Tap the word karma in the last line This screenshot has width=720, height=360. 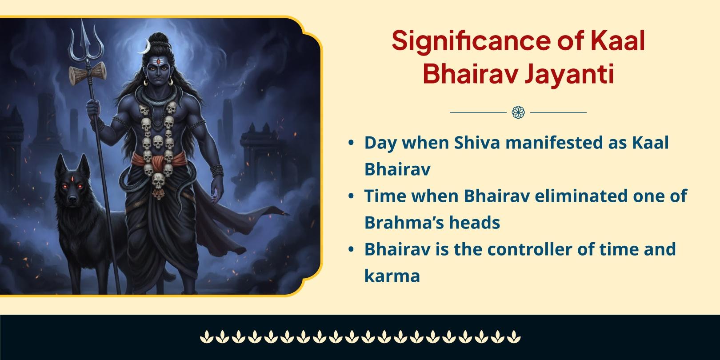(392, 276)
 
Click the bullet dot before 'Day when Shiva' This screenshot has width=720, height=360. (351, 144)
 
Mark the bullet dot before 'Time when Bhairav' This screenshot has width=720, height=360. (351, 196)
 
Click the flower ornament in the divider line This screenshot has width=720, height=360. (518, 112)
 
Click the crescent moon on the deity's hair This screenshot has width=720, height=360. (145, 47)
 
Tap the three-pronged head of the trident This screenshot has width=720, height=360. (87, 42)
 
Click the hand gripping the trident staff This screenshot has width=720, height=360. (93, 108)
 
